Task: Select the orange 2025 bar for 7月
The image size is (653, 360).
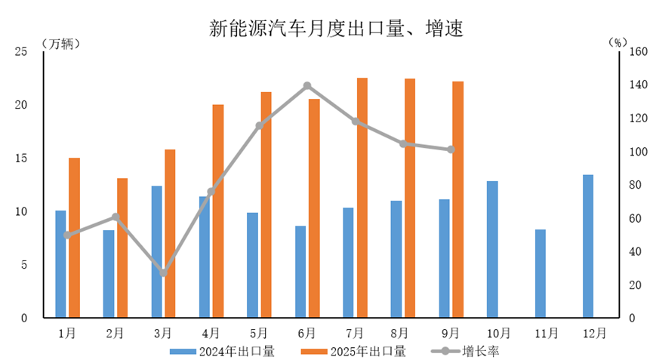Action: (x=362, y=198)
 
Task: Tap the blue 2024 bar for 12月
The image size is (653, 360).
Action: (x=588, y=246)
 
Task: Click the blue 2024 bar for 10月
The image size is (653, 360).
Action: (x=492, y=249)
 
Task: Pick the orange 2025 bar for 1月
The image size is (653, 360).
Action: (x=74, y=238)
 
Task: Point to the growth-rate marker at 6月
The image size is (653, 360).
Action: (x=307, y=86)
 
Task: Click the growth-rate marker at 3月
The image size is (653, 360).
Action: (x=164, y=272)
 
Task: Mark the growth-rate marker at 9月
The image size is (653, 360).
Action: (x=451, y=149)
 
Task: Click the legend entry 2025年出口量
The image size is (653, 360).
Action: (x=355, y=350)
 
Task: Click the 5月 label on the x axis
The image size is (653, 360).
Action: (x=259, y=332)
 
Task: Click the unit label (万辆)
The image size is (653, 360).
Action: (x=60, y=42)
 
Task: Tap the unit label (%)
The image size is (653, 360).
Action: (x=618, y=42)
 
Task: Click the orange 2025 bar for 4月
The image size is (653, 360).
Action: (x=217, y=211)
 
